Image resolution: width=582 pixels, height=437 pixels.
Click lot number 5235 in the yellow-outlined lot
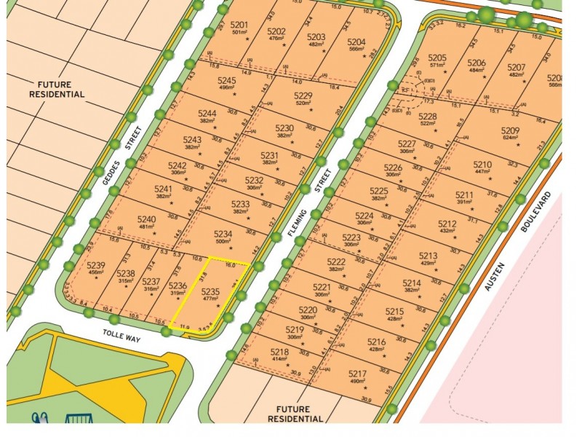pos(210,290)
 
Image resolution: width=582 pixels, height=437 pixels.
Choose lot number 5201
pos(240,25)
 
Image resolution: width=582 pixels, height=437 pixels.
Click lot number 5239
pos(96,264)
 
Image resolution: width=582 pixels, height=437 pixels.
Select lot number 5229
pos(303,96)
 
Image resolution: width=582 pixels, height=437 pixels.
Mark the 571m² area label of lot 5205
pos(437,64)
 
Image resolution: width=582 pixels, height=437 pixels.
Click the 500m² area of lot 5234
pos(222,241)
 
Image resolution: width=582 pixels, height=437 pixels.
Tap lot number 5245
pos(227,80)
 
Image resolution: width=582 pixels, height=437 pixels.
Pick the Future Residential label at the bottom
pos(295,414)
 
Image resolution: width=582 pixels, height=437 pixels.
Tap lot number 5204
pos(356,42)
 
